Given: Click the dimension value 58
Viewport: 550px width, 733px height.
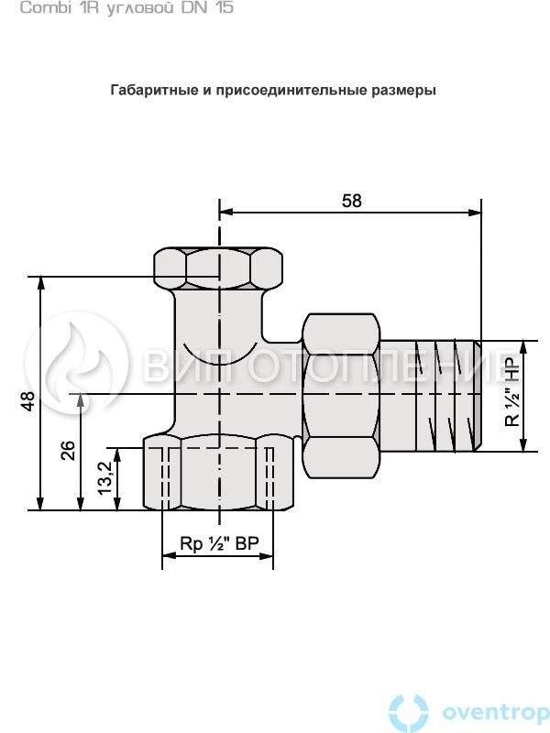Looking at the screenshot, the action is pos(352,201).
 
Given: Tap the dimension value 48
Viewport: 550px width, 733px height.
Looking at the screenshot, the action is pos(28,400).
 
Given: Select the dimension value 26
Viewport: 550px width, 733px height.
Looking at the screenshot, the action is pos(68,450).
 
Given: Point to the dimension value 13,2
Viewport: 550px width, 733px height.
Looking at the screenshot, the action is pos(105,477).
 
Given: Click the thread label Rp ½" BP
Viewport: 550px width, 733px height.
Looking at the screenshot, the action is pos(219,543).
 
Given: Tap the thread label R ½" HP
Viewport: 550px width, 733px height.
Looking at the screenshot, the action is pos(512,392).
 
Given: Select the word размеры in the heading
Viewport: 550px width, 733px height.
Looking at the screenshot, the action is pos(403,90).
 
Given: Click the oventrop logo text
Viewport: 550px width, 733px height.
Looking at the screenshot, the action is pos(496,713).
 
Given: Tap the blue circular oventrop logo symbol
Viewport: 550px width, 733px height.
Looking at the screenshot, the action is pos(408,714).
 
